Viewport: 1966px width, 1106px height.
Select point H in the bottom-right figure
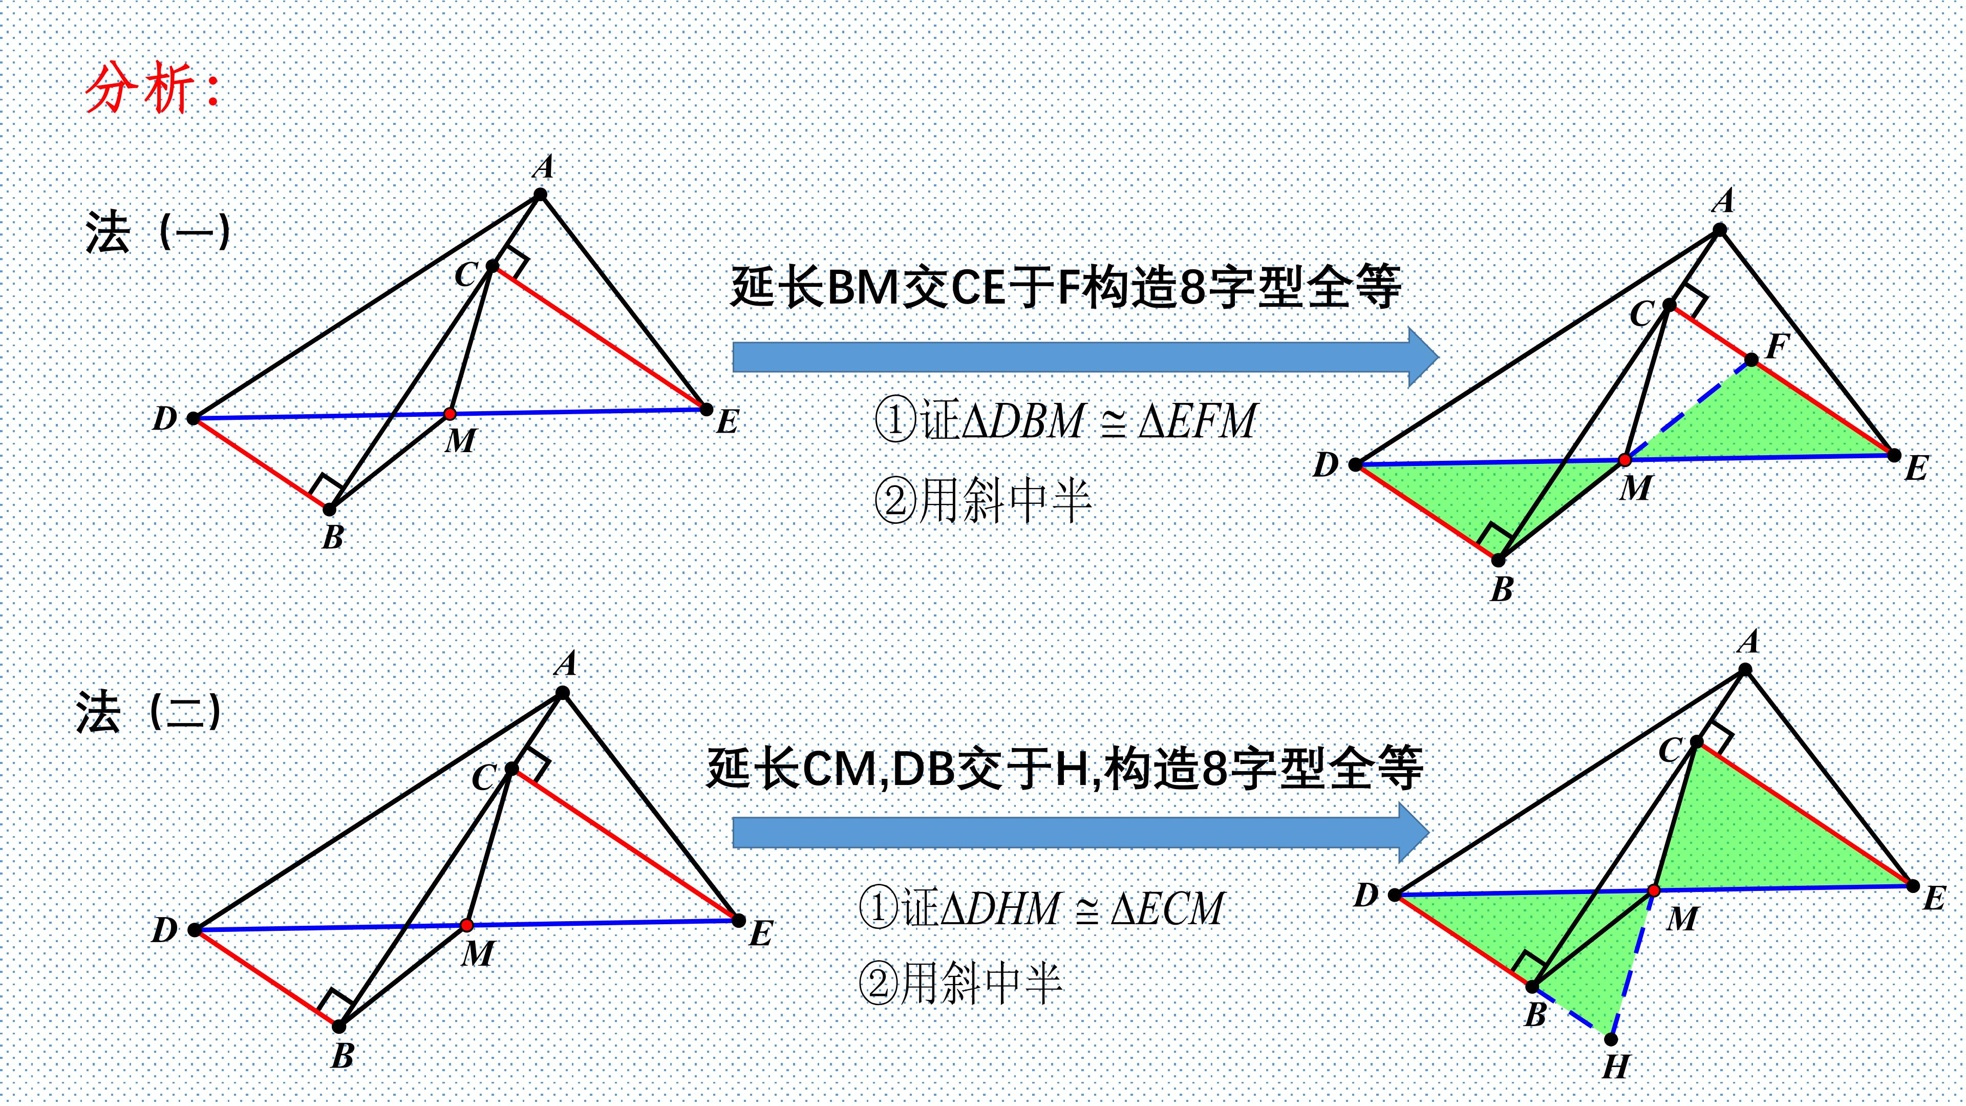pos(1611,1039)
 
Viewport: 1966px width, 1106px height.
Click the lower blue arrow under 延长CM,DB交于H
pos(1080,832)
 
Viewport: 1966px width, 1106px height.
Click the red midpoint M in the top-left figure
pos(450,414)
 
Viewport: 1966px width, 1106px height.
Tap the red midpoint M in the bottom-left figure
pos(467,926)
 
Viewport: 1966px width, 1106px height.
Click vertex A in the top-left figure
pos(540,195)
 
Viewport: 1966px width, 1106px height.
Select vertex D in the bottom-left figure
pos(195,930)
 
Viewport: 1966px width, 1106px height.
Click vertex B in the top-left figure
pos(330,509)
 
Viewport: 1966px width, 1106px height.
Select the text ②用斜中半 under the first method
pos(983,501)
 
